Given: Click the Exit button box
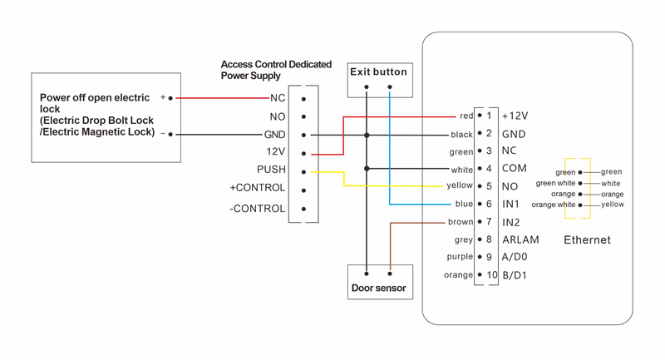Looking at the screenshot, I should coord(379,72).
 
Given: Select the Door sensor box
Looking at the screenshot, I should coord(379,288).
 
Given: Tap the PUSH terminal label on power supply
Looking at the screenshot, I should coord(271,170).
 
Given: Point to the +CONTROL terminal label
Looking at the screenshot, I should coord(258,188).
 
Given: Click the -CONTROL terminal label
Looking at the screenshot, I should coord(258,209).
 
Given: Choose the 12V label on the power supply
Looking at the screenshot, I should coord(274,152).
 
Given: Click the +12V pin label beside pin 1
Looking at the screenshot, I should coord(515,116).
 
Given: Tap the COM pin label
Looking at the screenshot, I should coord(515,169).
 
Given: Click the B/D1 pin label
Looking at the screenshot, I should coord(515,275).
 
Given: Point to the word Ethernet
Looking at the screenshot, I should coord(587,240).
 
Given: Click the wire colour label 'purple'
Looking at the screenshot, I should coord(460,257).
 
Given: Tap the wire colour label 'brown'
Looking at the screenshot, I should coord(461,222).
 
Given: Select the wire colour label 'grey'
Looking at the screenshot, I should coord(464,239).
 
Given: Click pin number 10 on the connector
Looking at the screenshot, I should coord(491,275).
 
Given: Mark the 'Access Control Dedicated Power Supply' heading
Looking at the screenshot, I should coord(276,70).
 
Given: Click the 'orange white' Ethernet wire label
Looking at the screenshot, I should coord(554,205).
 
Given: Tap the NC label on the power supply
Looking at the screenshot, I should coord(278,98).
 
